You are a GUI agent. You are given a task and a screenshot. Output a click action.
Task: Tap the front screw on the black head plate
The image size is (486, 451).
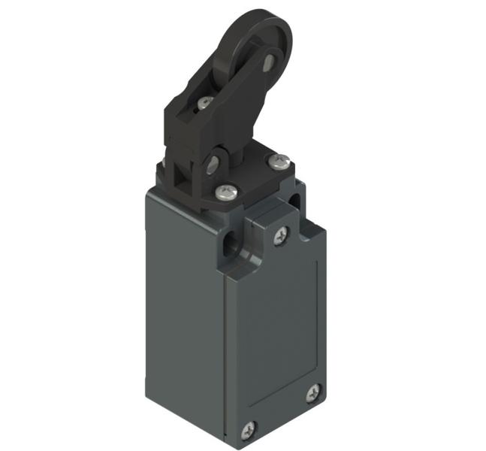pos(223,192)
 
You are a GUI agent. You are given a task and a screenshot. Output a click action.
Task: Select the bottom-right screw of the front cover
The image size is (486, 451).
pos(312,392)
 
